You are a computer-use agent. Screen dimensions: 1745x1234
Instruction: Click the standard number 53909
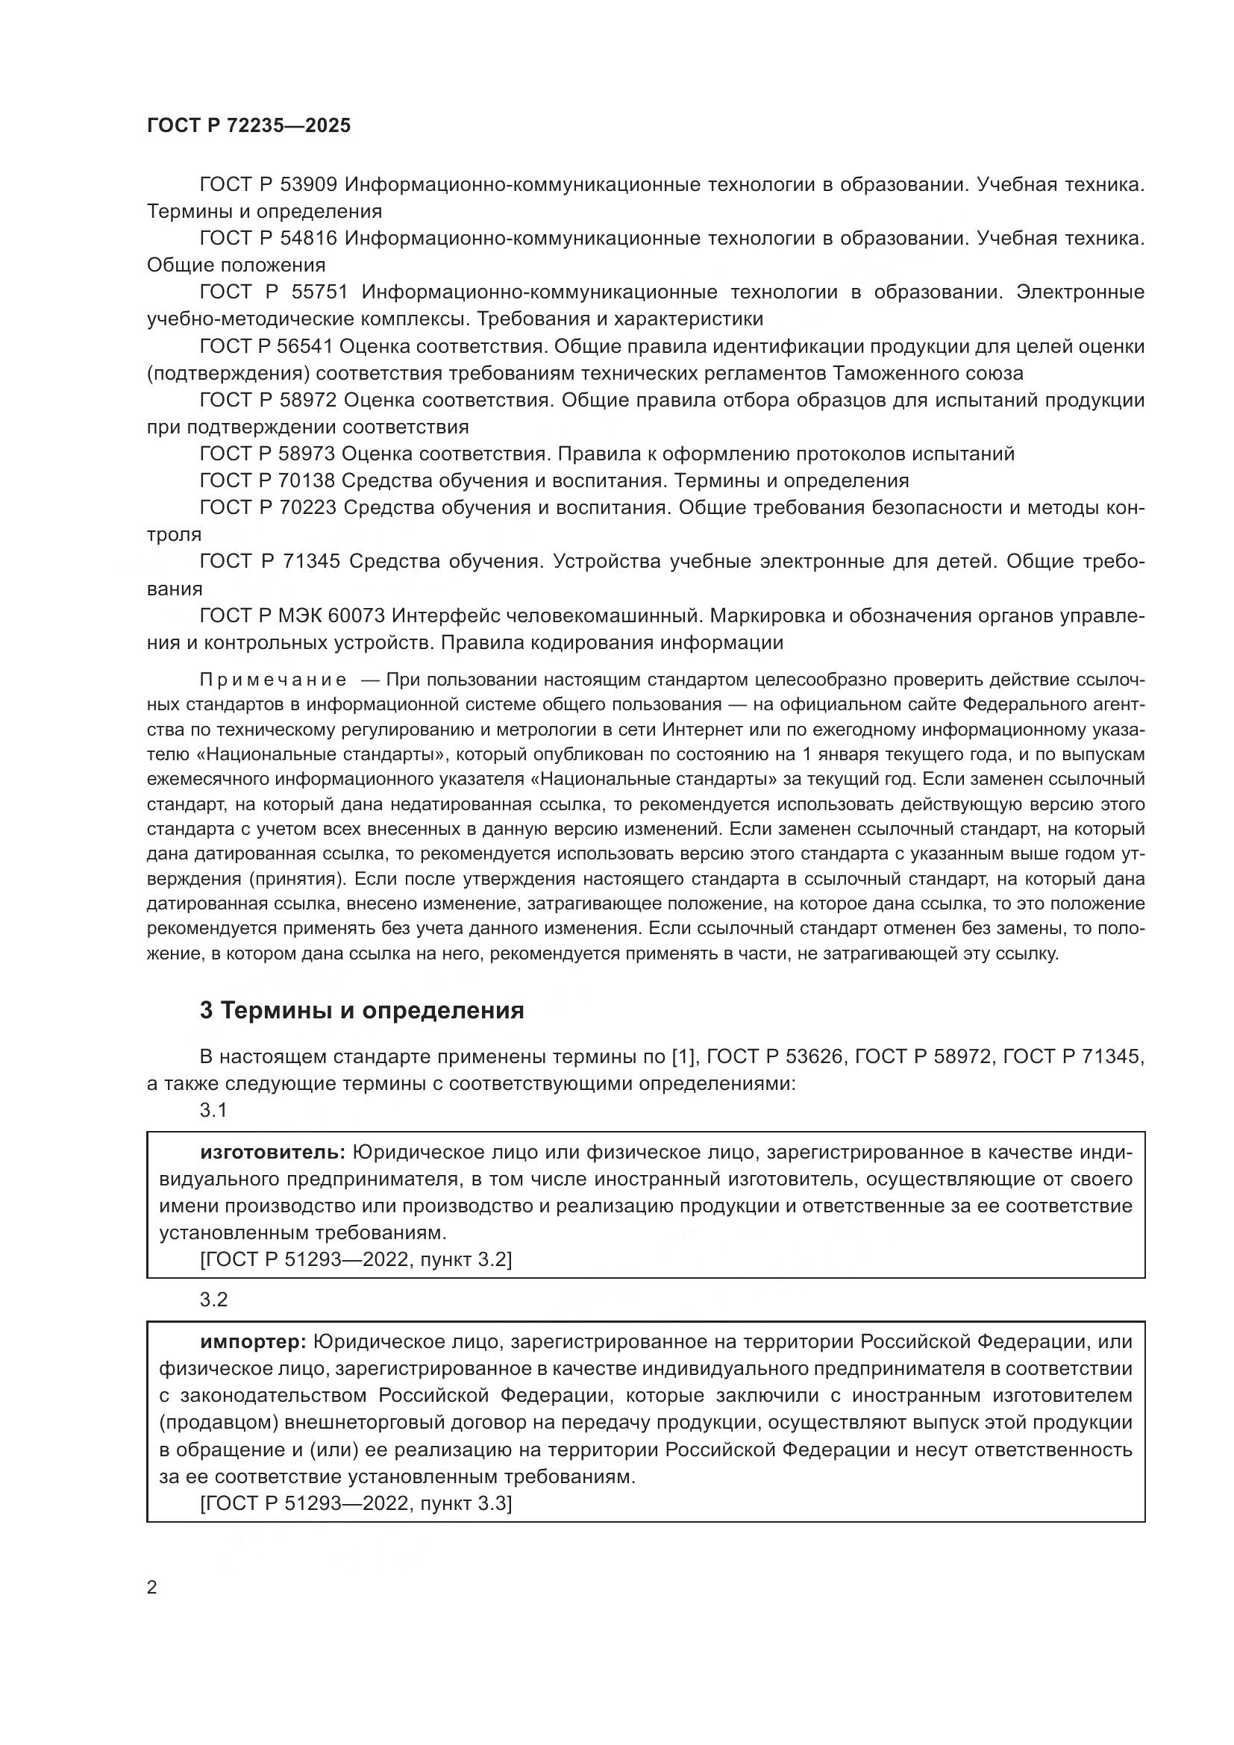pos(309,185)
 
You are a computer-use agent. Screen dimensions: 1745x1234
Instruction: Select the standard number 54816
pos(309,239)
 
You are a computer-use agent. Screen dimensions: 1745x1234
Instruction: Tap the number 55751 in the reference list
pos(319,292)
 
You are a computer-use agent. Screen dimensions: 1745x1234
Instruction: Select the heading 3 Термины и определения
pos(362,1010)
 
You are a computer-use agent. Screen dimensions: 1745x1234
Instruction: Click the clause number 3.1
pos(213,1110)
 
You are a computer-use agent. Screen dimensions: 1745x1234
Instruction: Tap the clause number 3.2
pos(213,1300)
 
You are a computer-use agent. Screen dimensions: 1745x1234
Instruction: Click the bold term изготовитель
pos(273,1152)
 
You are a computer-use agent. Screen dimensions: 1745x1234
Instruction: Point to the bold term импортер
pos(253,1341)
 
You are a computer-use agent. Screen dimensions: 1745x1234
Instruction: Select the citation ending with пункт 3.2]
pos(356,1260)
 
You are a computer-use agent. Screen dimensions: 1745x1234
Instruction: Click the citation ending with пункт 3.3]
pos(356,1503)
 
